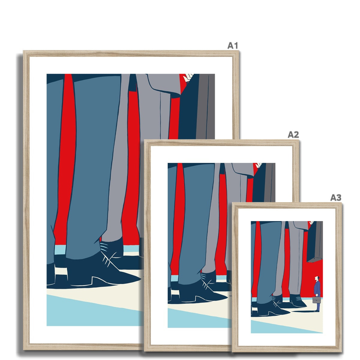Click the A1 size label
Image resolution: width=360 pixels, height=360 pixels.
coord(232,46)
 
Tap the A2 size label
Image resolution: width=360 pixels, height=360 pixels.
coord(293,134)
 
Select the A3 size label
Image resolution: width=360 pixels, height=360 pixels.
coord(336,198)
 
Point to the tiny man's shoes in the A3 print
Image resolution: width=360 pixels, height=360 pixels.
coord(317,311)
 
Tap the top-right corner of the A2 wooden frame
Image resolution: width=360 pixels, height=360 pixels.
coord(299,140)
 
